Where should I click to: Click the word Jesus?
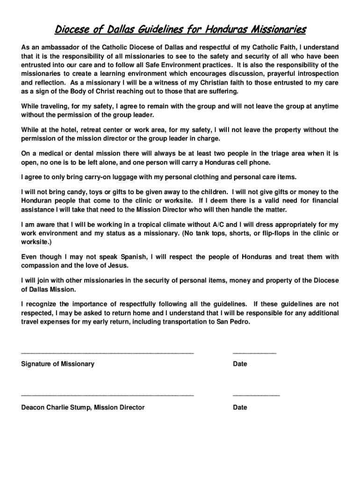(117, 266)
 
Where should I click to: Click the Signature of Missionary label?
(58, 364)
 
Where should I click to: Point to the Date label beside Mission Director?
(240, 407)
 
